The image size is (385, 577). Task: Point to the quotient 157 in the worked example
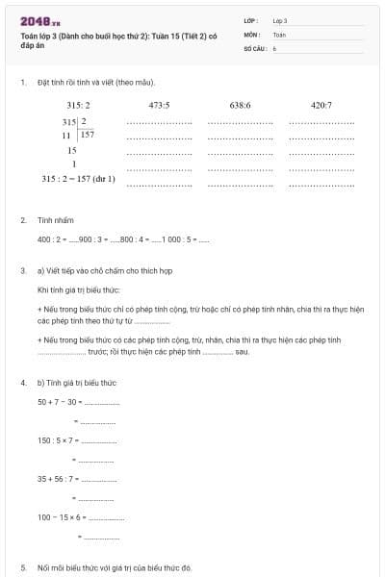click(x=88, y=135)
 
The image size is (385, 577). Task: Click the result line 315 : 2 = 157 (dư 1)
click(x=79, y=179)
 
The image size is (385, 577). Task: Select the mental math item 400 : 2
click(x=52, y=238)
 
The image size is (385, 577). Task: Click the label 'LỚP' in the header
click(x=251, y=19)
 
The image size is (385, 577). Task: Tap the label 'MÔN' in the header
click(x=252, y=33)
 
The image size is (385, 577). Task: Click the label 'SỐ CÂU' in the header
click(x=255, y=46)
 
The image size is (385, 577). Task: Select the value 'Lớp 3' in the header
click(x=280, y=19)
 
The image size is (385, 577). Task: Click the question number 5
click(x=23, y=568)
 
